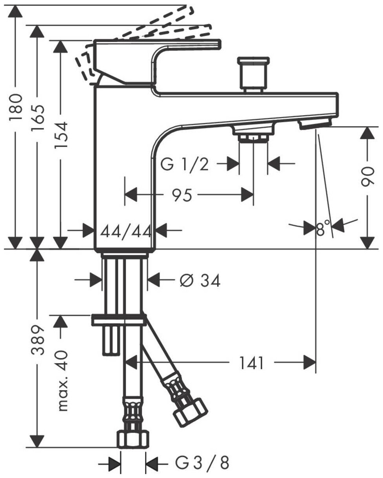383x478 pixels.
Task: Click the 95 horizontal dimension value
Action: (182, 195)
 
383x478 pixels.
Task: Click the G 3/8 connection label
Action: (202, 464)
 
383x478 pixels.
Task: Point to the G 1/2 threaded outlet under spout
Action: (253, 136)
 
